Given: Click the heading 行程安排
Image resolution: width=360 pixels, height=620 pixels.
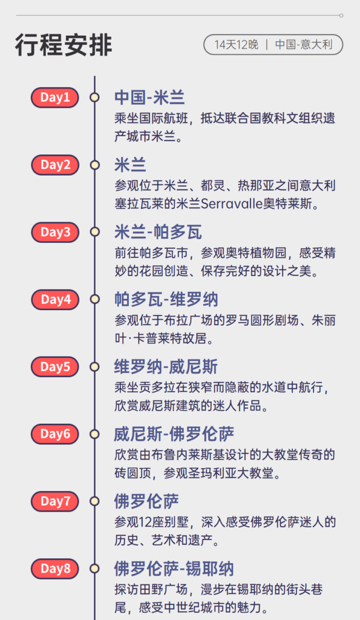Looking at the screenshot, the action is pyautogui.click(x=64, y=45).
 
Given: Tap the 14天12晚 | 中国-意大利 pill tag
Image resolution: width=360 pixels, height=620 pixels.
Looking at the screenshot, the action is pyautogui.click(x=273, y=45).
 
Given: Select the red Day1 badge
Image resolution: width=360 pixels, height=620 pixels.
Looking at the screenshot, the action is pyautogui.click(x=55, y=97).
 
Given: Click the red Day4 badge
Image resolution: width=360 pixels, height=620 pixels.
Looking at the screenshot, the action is pyautogui.click(x=55, y=299).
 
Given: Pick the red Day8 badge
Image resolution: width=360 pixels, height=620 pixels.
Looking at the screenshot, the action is pyautogui.click(x=55, y=569).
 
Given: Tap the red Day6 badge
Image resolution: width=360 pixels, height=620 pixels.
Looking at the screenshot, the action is pyautogui.click(x=55, y=434).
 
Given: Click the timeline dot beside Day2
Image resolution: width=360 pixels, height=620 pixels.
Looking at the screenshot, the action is pyautogui.click(x=94, y=165).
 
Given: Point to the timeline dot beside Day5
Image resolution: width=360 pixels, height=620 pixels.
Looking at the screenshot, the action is pyautogui.click(x=94, y=366).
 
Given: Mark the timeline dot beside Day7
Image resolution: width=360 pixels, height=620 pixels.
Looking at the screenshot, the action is pyautogui.click(x=94, y=501).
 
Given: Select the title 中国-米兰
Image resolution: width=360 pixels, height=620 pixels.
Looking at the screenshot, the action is pyautogui.click(x=149, y=97).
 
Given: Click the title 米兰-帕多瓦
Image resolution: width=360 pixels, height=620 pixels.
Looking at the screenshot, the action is pyautogui.click(x=158, y=232).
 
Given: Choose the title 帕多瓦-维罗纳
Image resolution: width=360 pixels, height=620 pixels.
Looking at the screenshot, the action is pyautogui.click(x=166, y=299).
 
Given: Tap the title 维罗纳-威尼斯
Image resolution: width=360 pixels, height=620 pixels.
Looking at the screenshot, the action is pyautogui.click(x=166, y=366).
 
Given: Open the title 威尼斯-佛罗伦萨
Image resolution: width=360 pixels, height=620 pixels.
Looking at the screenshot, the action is pyautogui.click(x=174, y=434).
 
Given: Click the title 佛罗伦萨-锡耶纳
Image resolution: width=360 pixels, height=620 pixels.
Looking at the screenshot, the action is pyautogui.click(x=174, y=569).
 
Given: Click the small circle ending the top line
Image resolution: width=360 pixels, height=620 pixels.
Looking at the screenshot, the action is pyautogui.click(x=341, y=16).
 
